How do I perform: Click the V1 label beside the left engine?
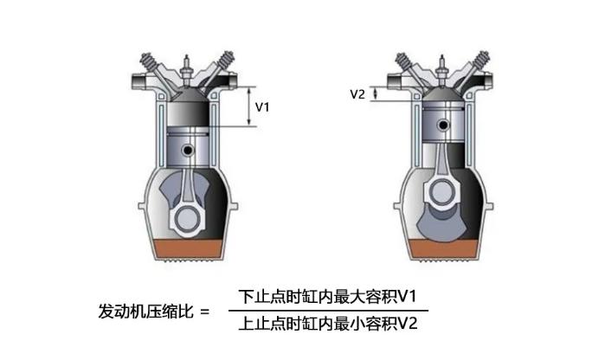click(x=262, y=107)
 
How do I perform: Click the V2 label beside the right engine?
click(x=357, y=94)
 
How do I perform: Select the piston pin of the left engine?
click(x=188, y=150)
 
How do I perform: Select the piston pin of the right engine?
click(x=443, y=125)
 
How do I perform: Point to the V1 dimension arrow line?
click(x=249, y=106)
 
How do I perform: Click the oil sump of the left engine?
click(x=188, y=249)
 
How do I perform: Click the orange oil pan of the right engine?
click(x=443, y=249)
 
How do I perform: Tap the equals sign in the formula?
click(x=205, y=312)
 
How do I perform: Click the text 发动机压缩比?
click(x=146, y=311)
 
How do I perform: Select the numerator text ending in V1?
click(x=327, y=297)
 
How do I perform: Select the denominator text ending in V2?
click(x=328, y=324)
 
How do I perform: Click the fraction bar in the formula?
click(x=328, y=310)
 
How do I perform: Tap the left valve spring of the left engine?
click(x=149, y=62)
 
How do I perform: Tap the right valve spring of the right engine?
click(x=482, y=61)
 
